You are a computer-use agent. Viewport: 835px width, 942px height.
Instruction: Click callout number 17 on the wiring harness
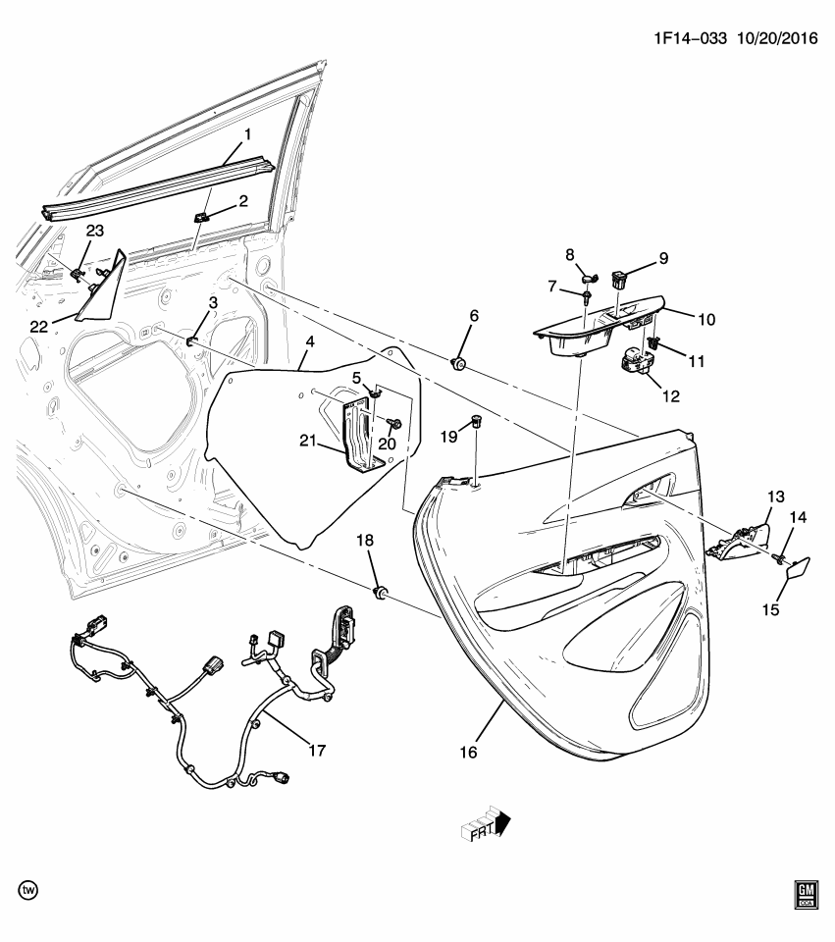point(316,751)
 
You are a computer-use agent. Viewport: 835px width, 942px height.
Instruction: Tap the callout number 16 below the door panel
point(467,753)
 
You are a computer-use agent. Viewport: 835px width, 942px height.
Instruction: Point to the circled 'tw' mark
point(29,889)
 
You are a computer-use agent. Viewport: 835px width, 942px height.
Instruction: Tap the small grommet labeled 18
point(382,592)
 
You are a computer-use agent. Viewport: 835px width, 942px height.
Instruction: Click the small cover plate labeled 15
point(797,568)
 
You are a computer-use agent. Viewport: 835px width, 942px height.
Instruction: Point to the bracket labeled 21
point(357,432)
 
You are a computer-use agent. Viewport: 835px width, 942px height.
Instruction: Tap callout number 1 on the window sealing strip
point(247,132)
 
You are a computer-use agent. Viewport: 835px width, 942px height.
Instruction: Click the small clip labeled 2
point(203,215)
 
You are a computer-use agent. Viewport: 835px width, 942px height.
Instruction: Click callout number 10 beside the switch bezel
point(705,319)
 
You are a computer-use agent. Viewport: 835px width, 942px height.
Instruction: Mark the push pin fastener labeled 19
point(476,422)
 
